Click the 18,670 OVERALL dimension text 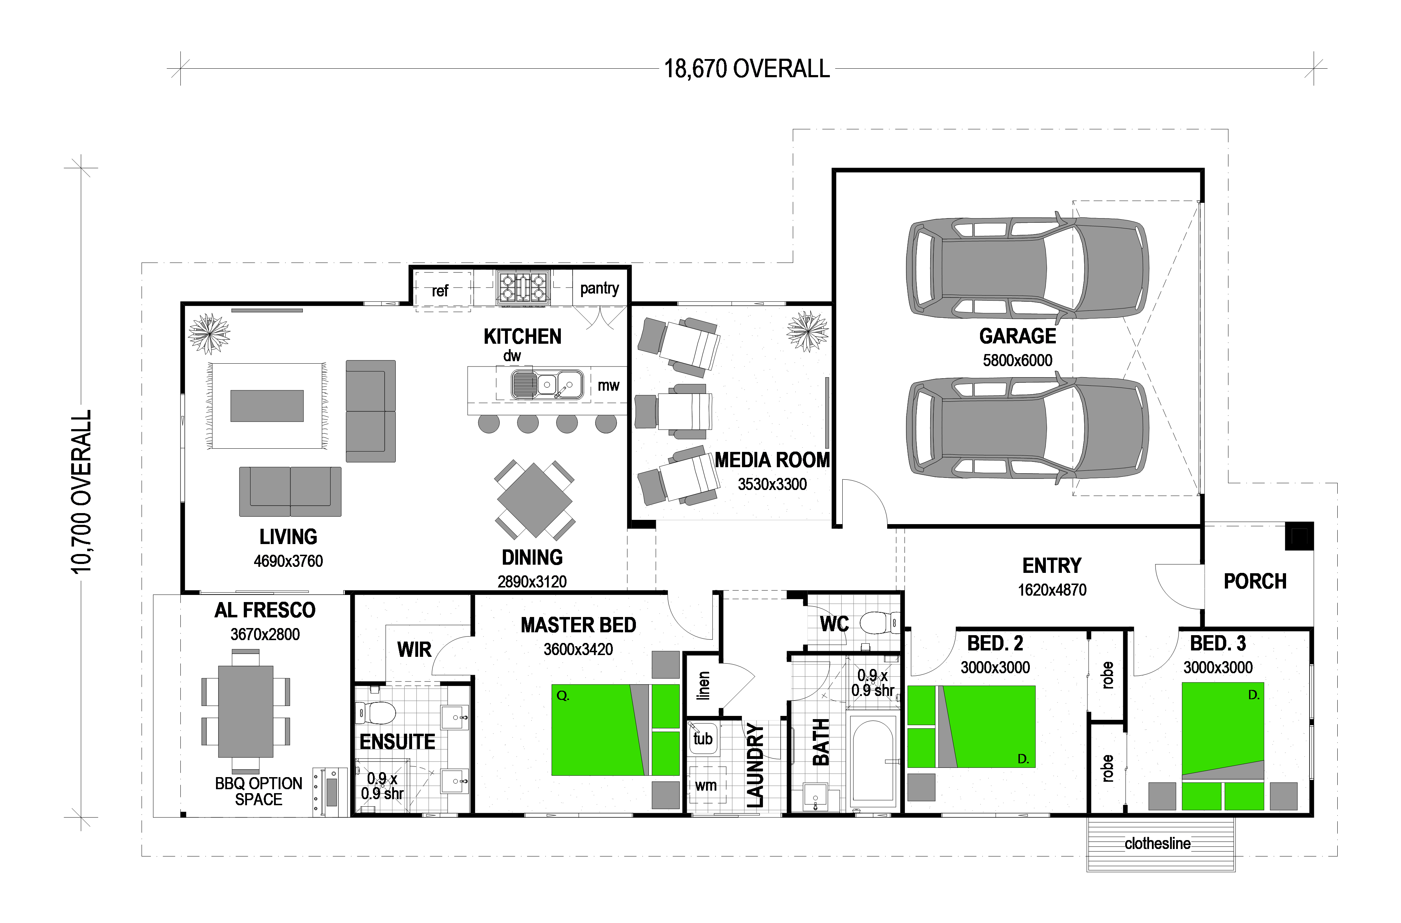tap(747, 69)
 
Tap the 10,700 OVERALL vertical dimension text tap(81, 491)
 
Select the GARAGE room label tap(1017, 336)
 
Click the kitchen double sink tap(546, 384)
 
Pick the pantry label tap(599, 289)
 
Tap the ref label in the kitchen tap(440, 291)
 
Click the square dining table tap(534, 500)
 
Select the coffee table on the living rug tap(267, 406)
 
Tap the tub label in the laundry tap(703, 738)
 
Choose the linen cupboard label tap(703, 685)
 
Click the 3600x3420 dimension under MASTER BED tap(578, 649)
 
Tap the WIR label tap(415, 650)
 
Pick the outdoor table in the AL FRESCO tap(246, 711)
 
